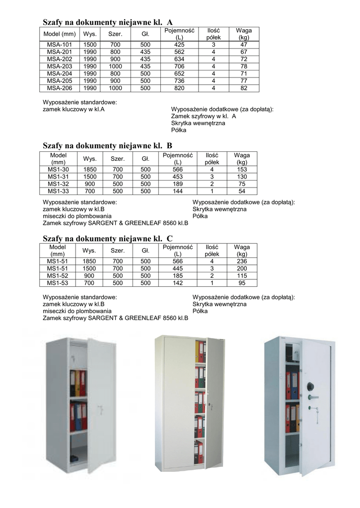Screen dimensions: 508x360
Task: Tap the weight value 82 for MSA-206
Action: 243,88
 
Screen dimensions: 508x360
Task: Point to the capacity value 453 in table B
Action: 177,177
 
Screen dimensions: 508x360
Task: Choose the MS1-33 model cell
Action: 58,191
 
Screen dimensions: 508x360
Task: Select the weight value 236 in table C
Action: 242,261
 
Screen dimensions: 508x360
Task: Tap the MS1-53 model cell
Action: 58,283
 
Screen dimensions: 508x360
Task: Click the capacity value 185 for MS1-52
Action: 177,276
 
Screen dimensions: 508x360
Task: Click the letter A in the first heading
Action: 170,22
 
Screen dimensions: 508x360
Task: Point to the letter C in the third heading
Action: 169,239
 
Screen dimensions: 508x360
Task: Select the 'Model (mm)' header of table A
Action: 59,34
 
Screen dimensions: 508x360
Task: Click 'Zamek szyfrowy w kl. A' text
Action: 203,116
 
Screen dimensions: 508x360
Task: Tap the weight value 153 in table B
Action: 242,169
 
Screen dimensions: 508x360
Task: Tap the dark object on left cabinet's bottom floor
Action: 74,458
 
